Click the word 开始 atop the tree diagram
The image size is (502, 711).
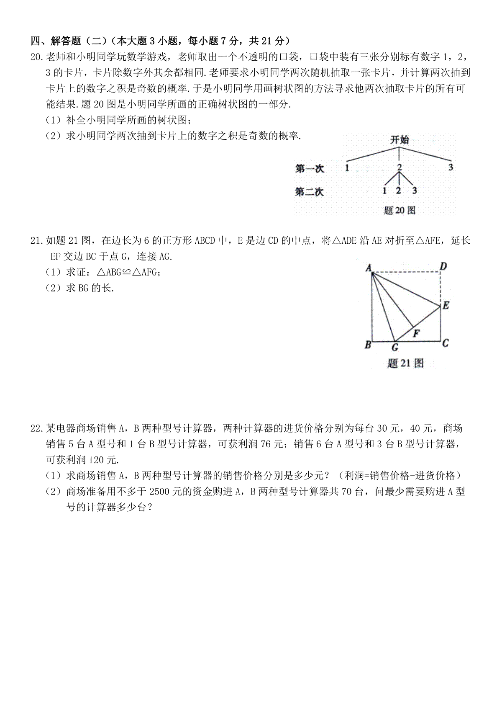click(400, 140)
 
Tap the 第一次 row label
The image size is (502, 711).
click(310, 169)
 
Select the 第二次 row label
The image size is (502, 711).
click(310, 192)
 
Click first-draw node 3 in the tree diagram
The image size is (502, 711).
click(451, 167)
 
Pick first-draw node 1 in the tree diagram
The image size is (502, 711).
click(347, 168)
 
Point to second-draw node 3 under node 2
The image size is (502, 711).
click(414, 191)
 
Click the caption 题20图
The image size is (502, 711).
click(400, 210)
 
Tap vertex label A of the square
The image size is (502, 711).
click(369, 267)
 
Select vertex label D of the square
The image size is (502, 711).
click(443, 266)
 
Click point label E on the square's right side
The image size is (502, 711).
click(446, 305)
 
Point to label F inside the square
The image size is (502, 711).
click(416, 334)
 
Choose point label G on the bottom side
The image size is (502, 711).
click(394, 347)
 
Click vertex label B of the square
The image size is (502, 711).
click(368, 345)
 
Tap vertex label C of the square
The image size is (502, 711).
click(445, 343)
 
